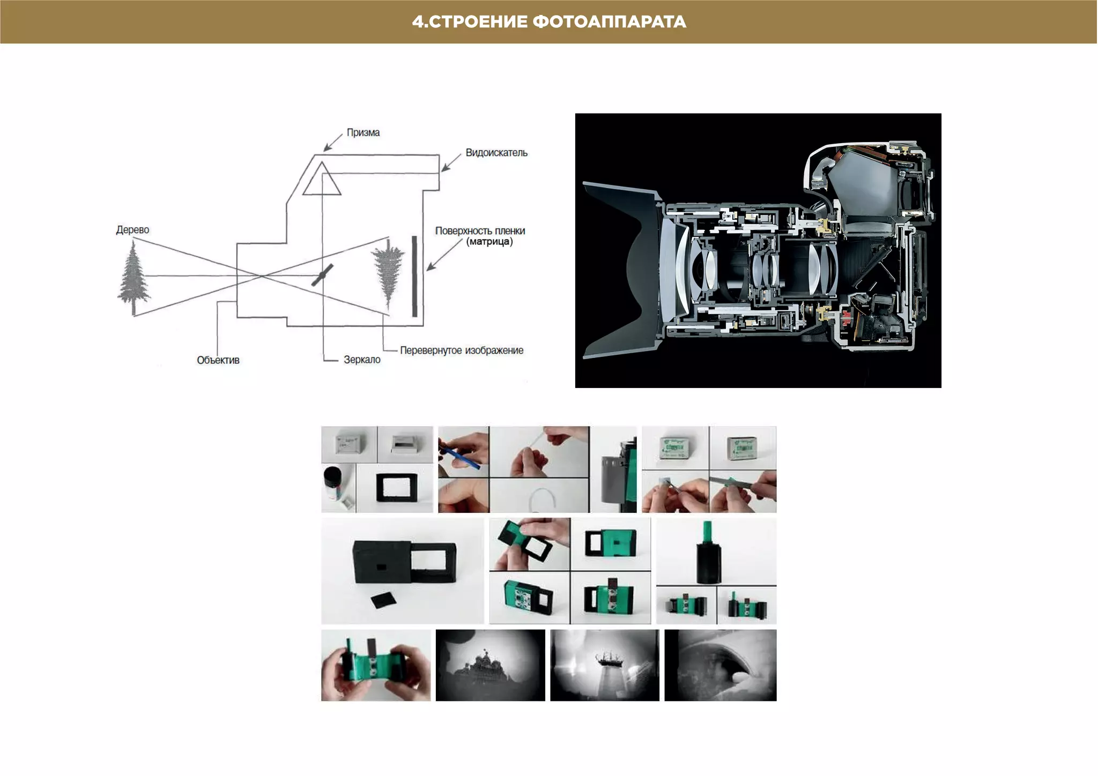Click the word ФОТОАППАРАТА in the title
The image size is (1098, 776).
click(610, 22)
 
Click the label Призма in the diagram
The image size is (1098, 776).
click(363, 132)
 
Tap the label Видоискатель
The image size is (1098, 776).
click(496, 153)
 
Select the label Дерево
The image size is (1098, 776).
click(132, 230)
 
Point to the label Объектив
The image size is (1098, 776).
click(218, 360)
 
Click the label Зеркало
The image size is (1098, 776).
click(362, 360)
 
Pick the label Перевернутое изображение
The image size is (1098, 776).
click(462, 350)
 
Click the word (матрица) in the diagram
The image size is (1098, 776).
click(489, 242)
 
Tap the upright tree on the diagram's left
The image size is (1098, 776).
click(133, 277)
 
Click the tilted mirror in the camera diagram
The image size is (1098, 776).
click(322, 275)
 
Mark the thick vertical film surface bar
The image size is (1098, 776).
click(414, 276)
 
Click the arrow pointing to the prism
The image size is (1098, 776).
click(333, 142)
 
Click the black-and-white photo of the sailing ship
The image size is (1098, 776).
click(605, 665)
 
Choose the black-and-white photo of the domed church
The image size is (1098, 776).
click(491, 665)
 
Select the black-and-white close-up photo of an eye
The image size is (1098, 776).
click(721, 665)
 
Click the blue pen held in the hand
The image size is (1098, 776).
click(459, 454)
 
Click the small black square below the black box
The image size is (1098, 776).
click(384, 600)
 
